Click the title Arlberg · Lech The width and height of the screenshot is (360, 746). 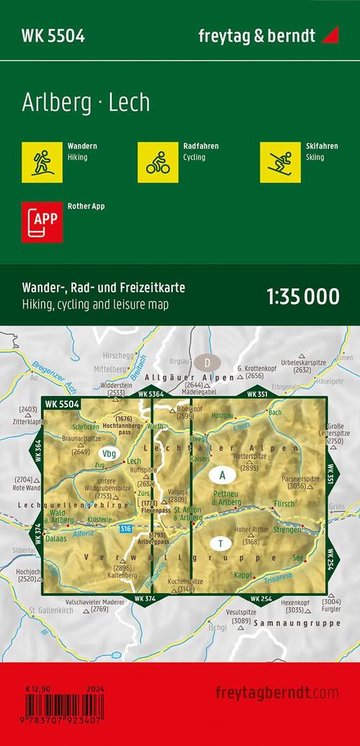coord(86,103)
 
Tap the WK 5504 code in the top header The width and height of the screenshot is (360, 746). coord(54,36)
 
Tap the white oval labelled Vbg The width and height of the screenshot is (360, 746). coord(109,454)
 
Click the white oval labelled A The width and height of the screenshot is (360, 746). coord(222,476)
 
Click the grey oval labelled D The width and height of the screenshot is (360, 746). coord(209,362)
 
